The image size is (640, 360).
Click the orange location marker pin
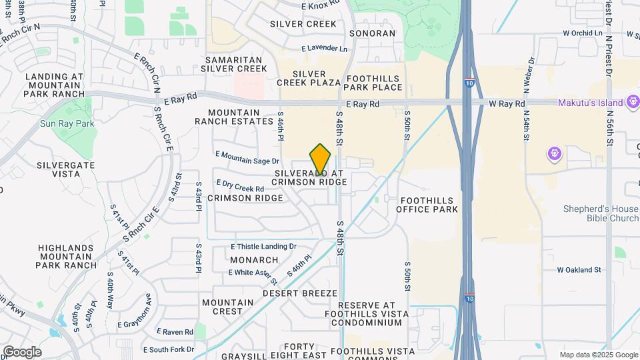[x=321, y=159]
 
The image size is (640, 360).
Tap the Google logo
[x=22, y=352]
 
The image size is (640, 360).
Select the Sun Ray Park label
[x=67, y=123]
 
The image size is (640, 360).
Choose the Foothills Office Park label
[x=427, y=205]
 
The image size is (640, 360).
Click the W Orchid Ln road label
[x=587, y=32]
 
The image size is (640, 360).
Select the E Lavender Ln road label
[x=325, y=49]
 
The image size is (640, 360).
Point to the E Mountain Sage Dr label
[x=247, y=157]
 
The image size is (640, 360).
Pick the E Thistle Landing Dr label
[x=263, y=247]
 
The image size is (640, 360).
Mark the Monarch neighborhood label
[x=254, y=259]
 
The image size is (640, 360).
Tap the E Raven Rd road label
[x=175, y=331]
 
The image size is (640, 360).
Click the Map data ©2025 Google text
[x=598, y=355]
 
